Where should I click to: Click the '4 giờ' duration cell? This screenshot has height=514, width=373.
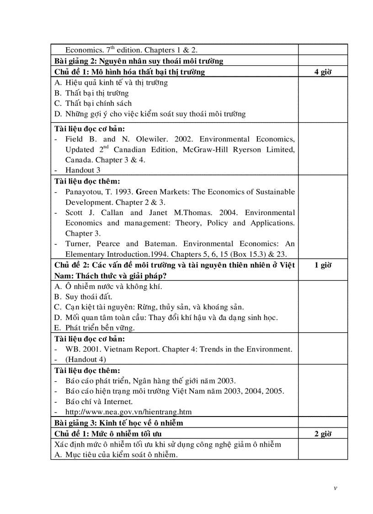[x=323, y=72]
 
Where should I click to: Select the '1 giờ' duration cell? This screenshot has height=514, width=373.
[x=323, y=265]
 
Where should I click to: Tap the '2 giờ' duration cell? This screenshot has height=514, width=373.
[x=323, y=433]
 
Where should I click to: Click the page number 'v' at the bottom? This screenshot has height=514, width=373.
[x=336, y=488]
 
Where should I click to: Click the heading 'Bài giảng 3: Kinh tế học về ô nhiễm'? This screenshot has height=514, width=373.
[x=118, y=423]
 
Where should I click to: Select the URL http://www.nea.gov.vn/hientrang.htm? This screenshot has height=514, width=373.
[x=128, y=412]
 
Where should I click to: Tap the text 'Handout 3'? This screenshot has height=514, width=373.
[x=83, y=170]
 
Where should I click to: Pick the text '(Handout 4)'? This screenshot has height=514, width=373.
[x=85, y=360]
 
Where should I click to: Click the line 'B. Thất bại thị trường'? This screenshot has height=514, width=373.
[x=91, y=93]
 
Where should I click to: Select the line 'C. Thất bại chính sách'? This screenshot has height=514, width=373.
[x=93, y=103]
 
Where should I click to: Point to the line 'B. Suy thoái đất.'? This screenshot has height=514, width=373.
[x=83, y=297]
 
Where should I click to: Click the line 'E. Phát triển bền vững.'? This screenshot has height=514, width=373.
[x=94, y=328]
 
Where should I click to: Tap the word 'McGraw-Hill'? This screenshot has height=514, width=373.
[x=196, y=150]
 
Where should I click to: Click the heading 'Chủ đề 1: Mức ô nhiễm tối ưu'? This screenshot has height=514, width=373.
[x=108, y=433]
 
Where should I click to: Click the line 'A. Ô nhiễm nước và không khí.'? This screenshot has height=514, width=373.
[x=108, y=287]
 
